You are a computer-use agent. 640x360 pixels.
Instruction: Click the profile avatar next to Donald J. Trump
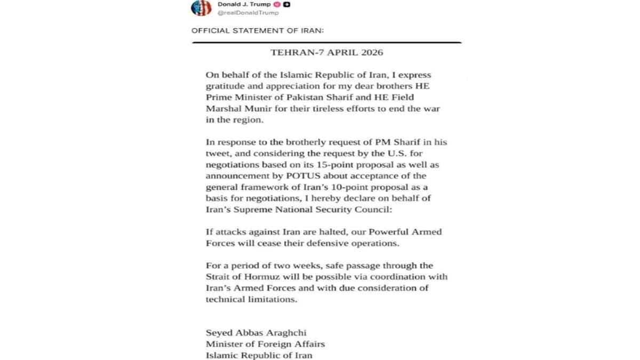[x=201, y=8]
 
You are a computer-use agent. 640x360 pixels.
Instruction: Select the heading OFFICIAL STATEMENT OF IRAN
[x=258, y=30]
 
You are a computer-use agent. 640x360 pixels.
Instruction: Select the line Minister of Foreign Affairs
[x=265, y=345]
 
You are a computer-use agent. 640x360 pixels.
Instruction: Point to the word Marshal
[x=226, y=110]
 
